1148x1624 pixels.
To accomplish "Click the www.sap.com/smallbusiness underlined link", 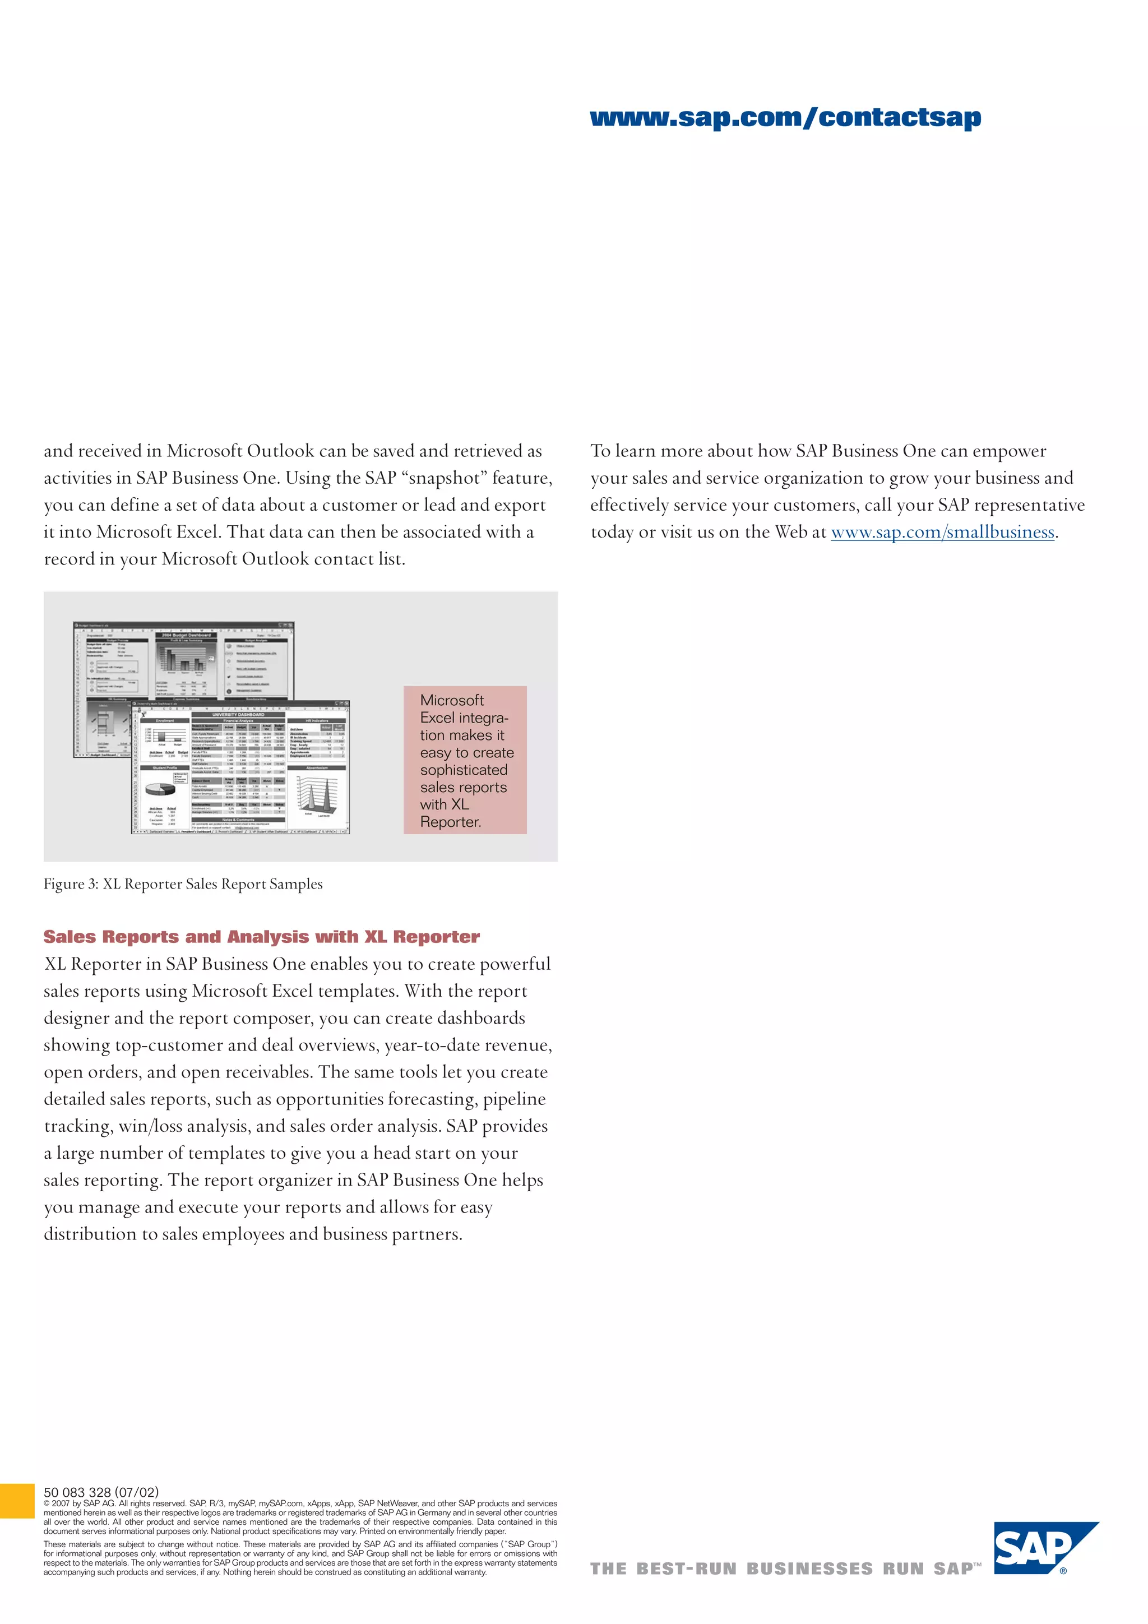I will click(942, 532).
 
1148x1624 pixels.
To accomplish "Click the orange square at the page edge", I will click(16, 1501).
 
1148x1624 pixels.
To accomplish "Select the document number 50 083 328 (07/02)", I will click(101, 1492).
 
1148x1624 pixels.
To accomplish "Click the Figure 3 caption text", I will click(183, 884).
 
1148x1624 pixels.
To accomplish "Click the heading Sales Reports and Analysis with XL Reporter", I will click(261, 937).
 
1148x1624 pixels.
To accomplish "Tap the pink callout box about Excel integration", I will click(465, 760).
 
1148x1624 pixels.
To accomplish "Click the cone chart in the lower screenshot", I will click(316, 795).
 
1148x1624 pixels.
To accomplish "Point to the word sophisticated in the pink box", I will click(464, 770).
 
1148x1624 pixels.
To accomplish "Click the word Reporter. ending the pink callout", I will click(450, 822).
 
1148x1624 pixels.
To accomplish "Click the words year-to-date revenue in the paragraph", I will click(478, 1045).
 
